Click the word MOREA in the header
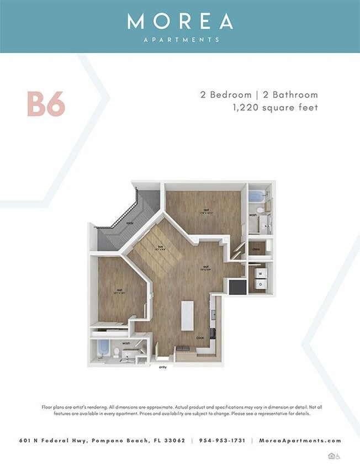point(180,21)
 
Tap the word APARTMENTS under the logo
point(180,40)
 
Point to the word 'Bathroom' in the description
point(297,94)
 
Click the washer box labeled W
point(259,272)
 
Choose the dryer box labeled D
point(259,284)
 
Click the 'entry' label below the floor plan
point(163,367)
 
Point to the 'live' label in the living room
point(160,247)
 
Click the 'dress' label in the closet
point(256,249)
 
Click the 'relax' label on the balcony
point(130,223)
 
